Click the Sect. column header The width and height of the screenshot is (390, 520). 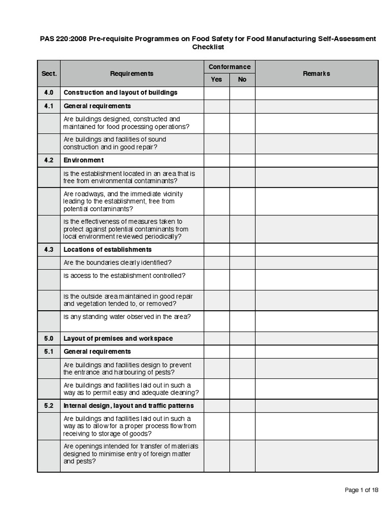tap(49, 74)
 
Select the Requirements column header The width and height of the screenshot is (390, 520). tap(132, 74)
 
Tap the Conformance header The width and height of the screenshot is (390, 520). tap(229, 67)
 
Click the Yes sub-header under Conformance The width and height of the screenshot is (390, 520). tap(216, 80)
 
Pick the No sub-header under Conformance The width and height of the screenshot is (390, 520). tap(242, 80)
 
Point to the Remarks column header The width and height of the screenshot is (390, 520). tap(316, 74)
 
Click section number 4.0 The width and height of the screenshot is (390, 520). tap(49, 93)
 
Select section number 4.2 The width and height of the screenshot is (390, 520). tap(49, 160)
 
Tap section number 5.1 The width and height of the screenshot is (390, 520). tap(49, 352)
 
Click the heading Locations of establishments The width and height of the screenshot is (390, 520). tap(107, 250)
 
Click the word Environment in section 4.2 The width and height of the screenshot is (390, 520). tap(83, 160)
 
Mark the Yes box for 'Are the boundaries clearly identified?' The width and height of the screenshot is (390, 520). tap(216, 263)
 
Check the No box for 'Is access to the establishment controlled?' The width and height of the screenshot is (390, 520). tap(242, 280)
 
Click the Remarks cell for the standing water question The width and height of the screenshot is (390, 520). tap(316, 321)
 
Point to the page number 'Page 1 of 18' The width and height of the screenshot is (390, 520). tap(361, 490)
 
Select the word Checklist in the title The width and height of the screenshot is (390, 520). tap(208, 47)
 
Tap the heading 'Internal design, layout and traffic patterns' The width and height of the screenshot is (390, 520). tap(128, 406)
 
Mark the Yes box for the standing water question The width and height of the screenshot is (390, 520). tap(216, 321)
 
